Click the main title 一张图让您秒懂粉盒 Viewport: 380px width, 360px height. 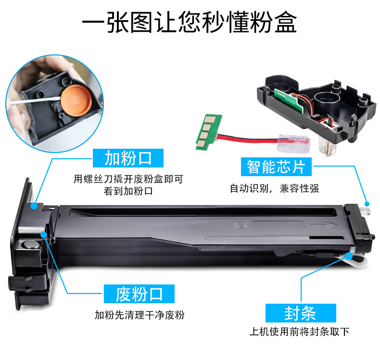point(190,23)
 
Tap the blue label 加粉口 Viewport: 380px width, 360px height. point(128,158)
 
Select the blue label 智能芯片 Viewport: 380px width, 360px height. point(276,167)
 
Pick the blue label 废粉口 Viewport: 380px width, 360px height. point(139,294)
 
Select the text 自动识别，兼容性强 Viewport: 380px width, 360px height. point(274,188)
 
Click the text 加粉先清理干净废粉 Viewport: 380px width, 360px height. point(139,315)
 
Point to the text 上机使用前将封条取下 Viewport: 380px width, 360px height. point(299,332)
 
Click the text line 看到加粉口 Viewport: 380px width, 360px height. point(128,191)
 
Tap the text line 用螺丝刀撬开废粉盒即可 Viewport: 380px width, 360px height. point(128,180)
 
